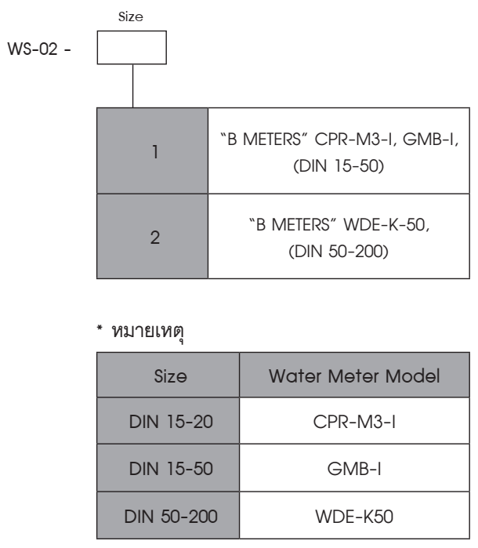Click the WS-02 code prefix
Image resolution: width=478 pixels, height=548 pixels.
point(33,49)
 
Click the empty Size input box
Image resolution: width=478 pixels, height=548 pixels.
point(132,48)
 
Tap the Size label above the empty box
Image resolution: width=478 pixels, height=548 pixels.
point(131,16)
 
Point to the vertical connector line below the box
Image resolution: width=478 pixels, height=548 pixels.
point(132,86)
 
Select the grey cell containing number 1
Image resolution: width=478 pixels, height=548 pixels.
point(152,151)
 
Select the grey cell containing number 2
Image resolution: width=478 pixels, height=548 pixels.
point(152,236)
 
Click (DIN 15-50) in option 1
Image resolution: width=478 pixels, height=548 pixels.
point(339,165)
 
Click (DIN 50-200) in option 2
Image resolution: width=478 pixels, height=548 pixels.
point(339,252)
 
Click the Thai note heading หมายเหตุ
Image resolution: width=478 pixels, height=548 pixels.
point(147,332)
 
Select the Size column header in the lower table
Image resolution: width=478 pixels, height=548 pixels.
point(171,376)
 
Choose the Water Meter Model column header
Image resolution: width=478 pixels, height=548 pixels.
point(354,376)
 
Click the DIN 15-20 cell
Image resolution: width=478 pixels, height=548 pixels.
point(171,422)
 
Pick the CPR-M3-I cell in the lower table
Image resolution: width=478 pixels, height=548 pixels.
point(354,422)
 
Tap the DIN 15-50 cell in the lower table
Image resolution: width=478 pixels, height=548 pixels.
point(171,469)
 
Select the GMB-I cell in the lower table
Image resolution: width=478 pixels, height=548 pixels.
point(354,469)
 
